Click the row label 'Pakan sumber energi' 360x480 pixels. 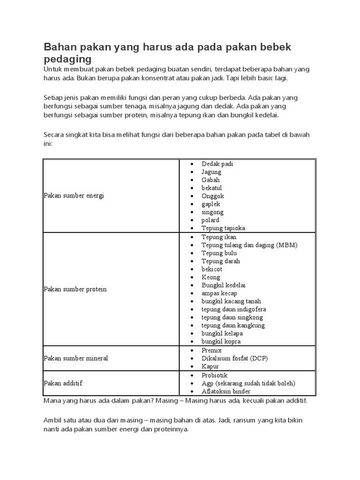pos(74,195)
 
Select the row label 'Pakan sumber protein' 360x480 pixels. pos(75,289)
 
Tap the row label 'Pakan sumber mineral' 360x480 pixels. pos(76,358)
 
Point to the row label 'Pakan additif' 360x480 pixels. pos(63,383)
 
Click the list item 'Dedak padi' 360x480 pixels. pos(217,164)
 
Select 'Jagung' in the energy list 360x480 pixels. pos(211,172)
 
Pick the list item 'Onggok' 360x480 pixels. pos(213,196)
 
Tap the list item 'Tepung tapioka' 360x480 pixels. pos(223,228)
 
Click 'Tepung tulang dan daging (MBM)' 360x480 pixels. pos(249,245)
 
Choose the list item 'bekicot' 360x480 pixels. pos(212,269)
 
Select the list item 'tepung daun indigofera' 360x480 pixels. pos(233,309)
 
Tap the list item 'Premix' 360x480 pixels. pos(211,350)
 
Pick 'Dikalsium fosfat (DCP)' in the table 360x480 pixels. pos(235,358)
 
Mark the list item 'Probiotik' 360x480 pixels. pos(214,375)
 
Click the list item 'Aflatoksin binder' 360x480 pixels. pos(226,391)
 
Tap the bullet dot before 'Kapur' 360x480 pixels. pos(193,367)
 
